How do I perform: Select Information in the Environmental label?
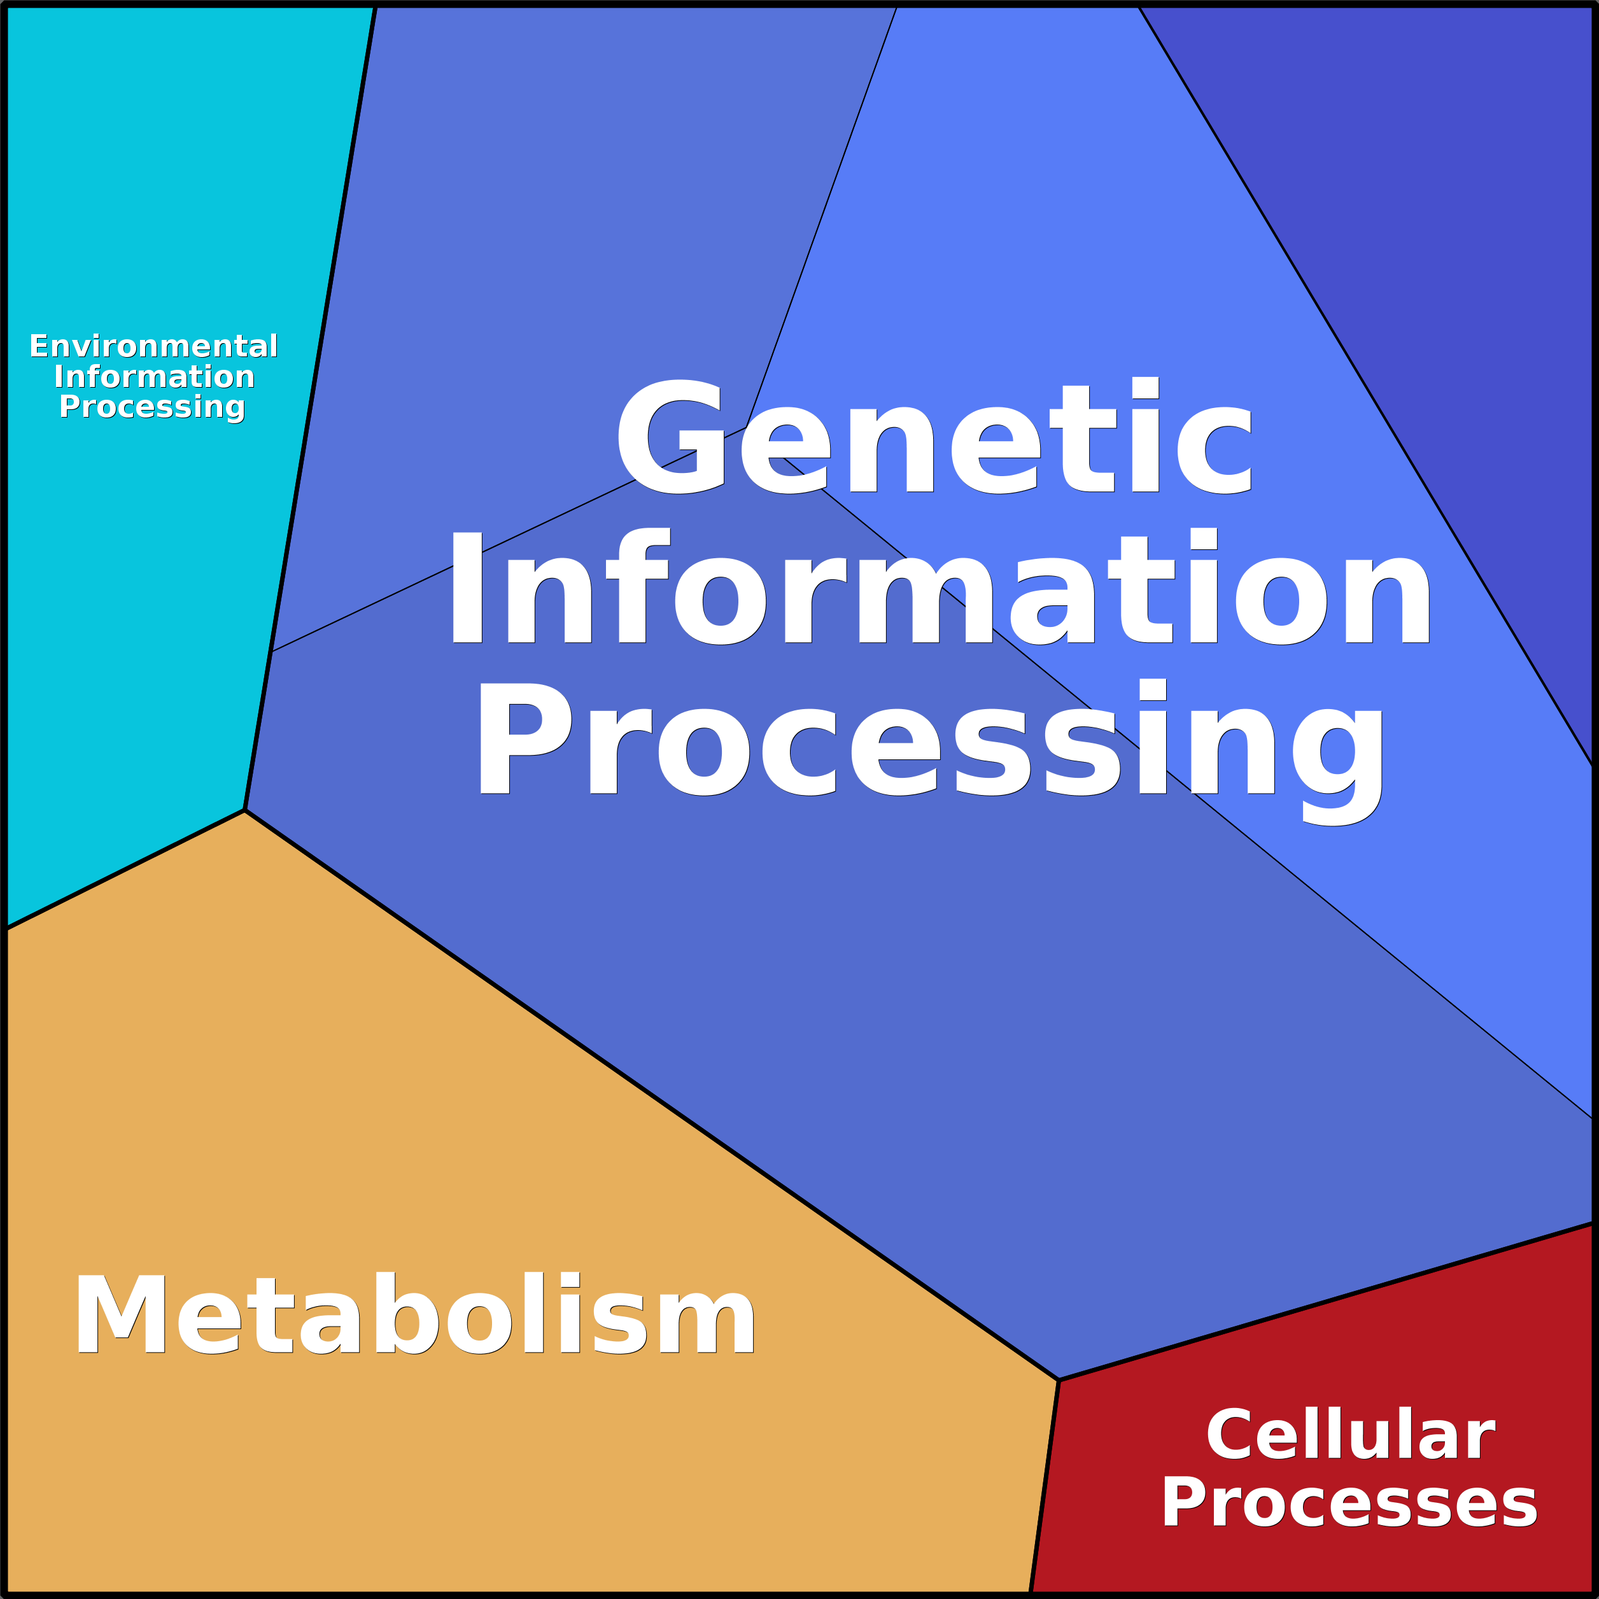coord(154,377)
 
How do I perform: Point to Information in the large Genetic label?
coord(938,588)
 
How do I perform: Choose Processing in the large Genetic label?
coord(929,739)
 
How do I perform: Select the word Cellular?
coord(1350,1435)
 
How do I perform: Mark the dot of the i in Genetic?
coord(1145,387)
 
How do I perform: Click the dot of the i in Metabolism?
coord(570,1280)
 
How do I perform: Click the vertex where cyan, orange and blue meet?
coord(245,810)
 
